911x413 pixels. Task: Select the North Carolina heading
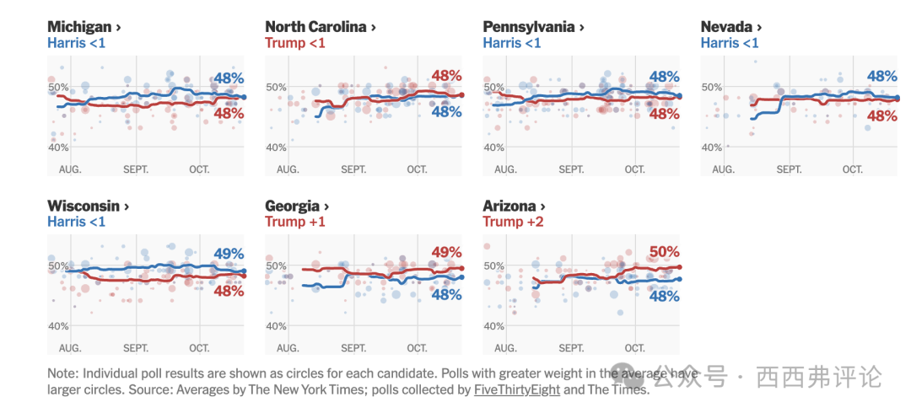(321, 27)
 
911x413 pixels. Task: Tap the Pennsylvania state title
(533, 27)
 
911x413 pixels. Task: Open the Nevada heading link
(731, 27)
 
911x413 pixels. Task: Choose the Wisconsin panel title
(89, 206)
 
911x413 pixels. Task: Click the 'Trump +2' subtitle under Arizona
(513, 222)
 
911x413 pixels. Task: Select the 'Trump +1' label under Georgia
(295, 222)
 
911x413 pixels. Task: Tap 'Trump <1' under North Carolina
(295, 43)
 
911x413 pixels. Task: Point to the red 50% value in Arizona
(664, 251)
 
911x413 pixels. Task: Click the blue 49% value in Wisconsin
(229, 253)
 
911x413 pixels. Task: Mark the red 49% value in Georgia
(446, 251)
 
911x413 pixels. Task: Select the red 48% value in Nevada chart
(881, 116)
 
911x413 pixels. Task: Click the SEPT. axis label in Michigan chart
(136, 169)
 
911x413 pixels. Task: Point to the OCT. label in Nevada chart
(853, 169)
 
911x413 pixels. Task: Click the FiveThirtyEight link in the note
(516, 389)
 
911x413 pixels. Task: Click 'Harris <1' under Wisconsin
(77, 222)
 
